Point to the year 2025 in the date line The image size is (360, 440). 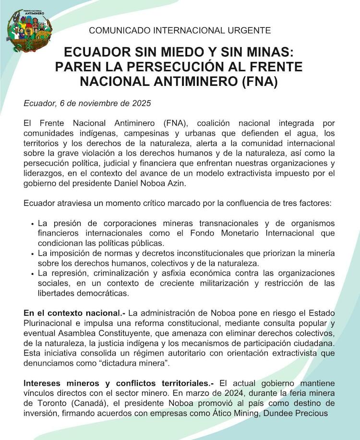click(x=141, y=103)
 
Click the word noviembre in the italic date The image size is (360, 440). click(x=95, y=103)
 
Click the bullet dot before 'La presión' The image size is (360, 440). click(x=32, y=224)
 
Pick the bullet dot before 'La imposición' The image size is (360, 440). click(x=32, y=253)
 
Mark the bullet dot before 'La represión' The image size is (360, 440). click(x=32, y=273)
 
